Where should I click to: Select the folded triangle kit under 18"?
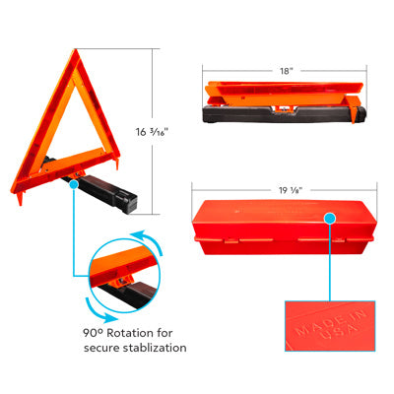click(x=283, y=104)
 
